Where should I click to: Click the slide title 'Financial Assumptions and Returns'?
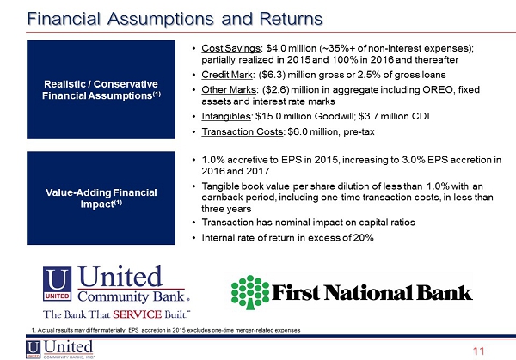coord(175,18)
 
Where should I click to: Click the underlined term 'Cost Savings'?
coord(230,48)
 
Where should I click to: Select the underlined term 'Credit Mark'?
coord(227,75)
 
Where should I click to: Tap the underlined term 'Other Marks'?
coord(229,89)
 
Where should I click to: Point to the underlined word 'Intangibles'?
coord(226,116)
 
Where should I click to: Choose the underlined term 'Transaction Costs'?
coord(243,131)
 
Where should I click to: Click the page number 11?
coord(478,351)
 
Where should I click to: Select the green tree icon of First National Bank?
coord(250,292)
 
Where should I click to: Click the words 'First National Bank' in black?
coord(372,292)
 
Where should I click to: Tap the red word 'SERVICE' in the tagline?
coord(138,314)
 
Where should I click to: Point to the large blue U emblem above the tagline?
coord(57,284)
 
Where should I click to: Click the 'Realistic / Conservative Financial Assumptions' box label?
coord(101,89)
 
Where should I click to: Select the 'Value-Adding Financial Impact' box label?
coord(101,198)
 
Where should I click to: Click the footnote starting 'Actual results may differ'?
coord(166,330)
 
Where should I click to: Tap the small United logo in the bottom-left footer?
coord(60,349)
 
